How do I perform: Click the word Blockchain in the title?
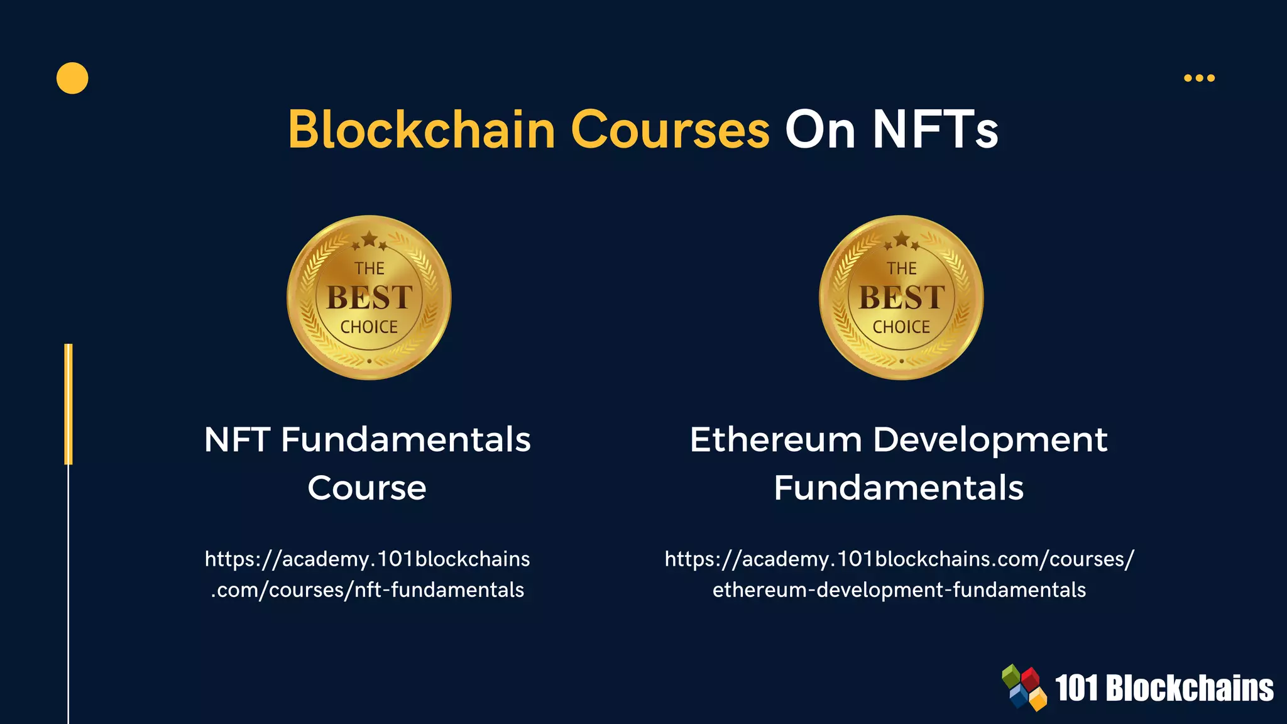pyautogui.click(x=421, y=129)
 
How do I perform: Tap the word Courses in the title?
pyautogui.click(x=670, y=129)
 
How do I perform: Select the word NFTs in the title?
pyautogui.click(x=935, y=129)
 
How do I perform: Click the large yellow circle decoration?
pyautogui.click(x=72, y=79)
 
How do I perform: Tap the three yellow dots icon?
pyautogui.click(x=1199, y=78)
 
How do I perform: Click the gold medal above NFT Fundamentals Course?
pyautogui.click(x=369, y=297)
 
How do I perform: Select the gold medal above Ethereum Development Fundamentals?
pyautogui.click(x=901, y=297)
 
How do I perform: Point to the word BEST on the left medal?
pyautogui.click(x=369, y=297)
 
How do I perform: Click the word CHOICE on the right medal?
pyautogui.click(x=901, y=327)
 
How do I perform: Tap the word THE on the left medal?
pyautogui.click(x=369, y=268)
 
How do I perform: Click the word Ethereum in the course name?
pyautogui.click(x=775, y=439)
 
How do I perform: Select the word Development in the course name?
pyautogui.click(x=990, y=439)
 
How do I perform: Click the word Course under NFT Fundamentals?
pyautogui.click(x=367, y=488)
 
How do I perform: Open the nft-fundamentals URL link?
pyautogui.click(x=368, y=574)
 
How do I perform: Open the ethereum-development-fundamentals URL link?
pyautogui.click(x=899, y=574)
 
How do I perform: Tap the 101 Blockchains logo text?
pyautogui.click(x=1164, y=688)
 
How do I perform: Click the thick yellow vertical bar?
pyautogui.click(x=68, y=404)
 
